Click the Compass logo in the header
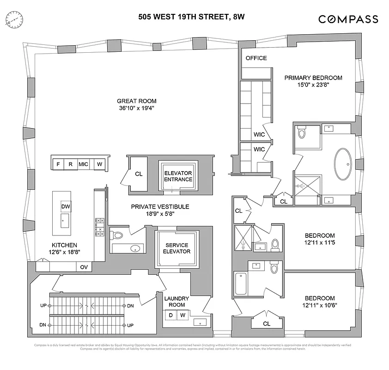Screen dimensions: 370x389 pyautogui.click(x=348, y=19)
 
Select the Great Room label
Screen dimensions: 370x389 pyautogui.click(x=136, y=101)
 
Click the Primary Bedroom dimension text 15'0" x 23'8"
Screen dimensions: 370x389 pyautogui.click(x=313, y=85)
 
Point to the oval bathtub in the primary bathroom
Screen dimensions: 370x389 pyautogui.click(x=342, y=165)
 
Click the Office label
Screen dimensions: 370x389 pyautogui.click(x=256, y=58)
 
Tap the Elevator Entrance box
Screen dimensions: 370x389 pyautogui.click(x=178, y=176)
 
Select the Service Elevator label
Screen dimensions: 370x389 pyautogui.click(x=176, y=248)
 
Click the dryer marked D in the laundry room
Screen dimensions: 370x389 pyautogui.click(x=170, y=315)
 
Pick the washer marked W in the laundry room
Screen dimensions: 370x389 pyautogui.click(x=182, y=315)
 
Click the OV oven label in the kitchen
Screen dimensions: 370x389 pyautogui.click(x=84, y=266)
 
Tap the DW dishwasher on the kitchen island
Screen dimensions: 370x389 pyautogui.click(x=65, y=206)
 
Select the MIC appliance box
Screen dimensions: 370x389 pyautogui.click(x=83, y=164)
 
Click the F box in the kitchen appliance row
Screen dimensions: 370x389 pyautogui.click(x=58, y=164)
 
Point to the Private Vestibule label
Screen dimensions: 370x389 pyautogui.click(x=160, y=210)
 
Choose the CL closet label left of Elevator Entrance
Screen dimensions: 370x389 pyautogui.click(x=138, y=174)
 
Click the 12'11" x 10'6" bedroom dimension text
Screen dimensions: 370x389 pyautogui.click(x=319, y=306)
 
